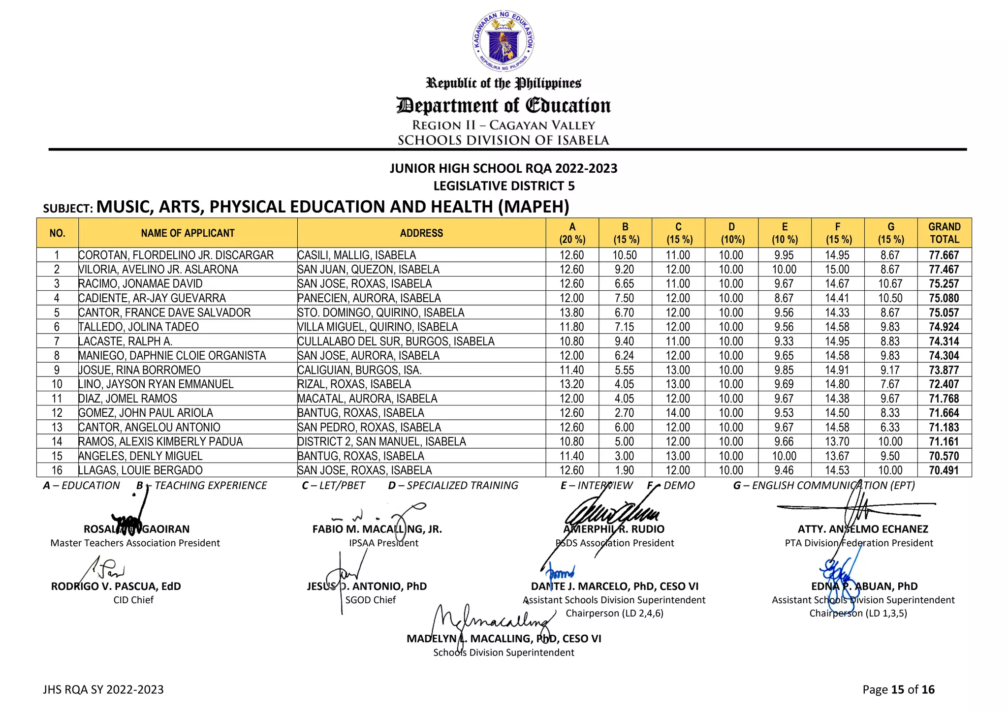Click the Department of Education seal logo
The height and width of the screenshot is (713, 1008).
coord(503,41)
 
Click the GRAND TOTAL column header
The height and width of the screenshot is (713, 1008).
coord(944,233)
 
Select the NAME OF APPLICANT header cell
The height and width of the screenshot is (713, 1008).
coord(188,233)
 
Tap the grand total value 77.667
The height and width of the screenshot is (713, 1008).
coord(944,255)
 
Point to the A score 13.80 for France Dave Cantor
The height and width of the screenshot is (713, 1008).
coord(571,312)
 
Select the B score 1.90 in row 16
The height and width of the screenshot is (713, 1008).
coord(625,470)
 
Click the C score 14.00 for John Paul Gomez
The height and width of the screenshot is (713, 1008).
coord(678,413)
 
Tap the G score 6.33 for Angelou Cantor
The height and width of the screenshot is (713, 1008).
coord(890,427)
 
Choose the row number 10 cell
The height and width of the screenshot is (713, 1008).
coord(57,384)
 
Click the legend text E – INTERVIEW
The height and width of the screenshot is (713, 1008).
coord(596,486)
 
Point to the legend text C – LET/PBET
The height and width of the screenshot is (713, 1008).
coord(333,486)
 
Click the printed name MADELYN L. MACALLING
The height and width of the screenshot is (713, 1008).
coord(504,639)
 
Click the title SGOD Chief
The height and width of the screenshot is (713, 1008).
coord(370,600)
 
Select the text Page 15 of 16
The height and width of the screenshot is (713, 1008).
coord(898,689)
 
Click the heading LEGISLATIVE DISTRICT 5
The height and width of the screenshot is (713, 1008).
coord(504,186)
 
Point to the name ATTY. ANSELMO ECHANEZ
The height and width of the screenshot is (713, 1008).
coord(862,529)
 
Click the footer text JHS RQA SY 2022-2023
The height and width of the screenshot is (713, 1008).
coord(103,689)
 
